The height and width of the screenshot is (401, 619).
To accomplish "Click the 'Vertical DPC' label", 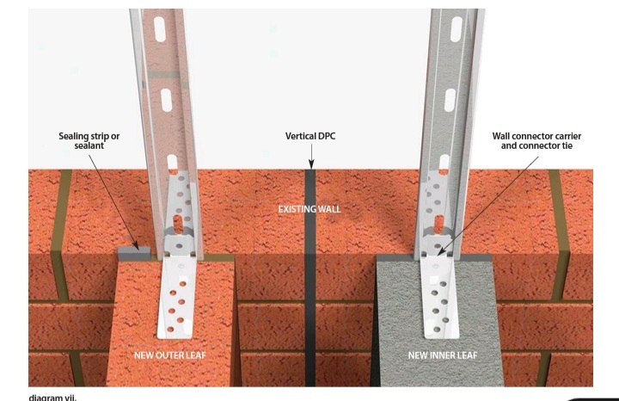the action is click(x=310, y=136).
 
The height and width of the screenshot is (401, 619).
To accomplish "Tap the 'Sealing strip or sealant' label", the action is click(x=89, y=141).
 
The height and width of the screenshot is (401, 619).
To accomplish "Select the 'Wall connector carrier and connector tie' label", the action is click(x=536, y=141).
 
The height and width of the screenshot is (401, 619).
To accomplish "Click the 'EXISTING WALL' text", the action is click(x=309, y=209).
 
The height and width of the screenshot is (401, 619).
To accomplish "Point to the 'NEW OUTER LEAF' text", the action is click(x=169, y=355).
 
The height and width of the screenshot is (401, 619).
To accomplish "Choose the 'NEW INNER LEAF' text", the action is click(x=443, y=355).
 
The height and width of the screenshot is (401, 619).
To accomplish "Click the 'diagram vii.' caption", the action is click(x=52, y=397).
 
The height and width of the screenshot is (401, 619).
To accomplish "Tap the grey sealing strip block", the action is click(x=134, y=254).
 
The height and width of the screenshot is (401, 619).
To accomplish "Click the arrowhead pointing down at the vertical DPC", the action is click(x=311, y=164).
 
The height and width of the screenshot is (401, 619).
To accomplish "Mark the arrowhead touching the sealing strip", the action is click(x=136, y=246).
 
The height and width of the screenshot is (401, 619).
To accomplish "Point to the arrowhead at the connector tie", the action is click(x=441, y=250).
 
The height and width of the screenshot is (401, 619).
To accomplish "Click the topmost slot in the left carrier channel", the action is click(x=160, y=29).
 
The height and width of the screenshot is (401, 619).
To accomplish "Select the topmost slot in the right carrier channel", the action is click(x=456, y=29).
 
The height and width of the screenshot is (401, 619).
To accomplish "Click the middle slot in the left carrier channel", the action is click(x=166, y=100).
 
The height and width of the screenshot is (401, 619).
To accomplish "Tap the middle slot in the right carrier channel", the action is click(x=450, y=100).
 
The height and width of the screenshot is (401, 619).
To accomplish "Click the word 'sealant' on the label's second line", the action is click(x=89, y=145).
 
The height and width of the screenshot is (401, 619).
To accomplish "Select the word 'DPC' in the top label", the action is click(x=326, y=136).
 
